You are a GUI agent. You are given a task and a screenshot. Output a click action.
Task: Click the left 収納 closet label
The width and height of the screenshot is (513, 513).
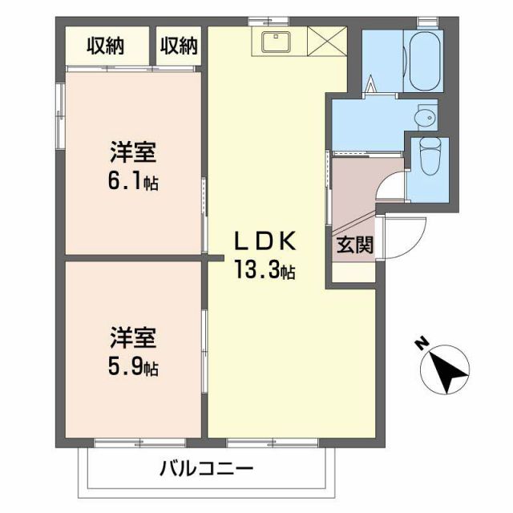tap(106, 46)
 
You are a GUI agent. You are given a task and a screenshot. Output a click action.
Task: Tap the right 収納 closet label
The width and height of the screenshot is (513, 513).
tap(178, 46)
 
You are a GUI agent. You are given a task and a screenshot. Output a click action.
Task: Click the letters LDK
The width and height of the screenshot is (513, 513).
tap(265, 240)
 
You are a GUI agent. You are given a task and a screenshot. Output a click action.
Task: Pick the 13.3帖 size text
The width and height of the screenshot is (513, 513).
tap(265, 271)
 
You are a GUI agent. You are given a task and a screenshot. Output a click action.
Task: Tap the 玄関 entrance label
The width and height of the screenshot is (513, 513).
tap(353, 245)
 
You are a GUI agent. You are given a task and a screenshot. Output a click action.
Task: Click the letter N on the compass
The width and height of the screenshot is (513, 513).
tap(420, 345)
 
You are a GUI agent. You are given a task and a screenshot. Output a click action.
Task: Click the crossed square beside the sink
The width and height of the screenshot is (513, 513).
tap(325, 42)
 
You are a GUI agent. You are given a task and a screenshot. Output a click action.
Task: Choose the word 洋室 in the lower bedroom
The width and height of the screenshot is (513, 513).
tap(133, 337)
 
